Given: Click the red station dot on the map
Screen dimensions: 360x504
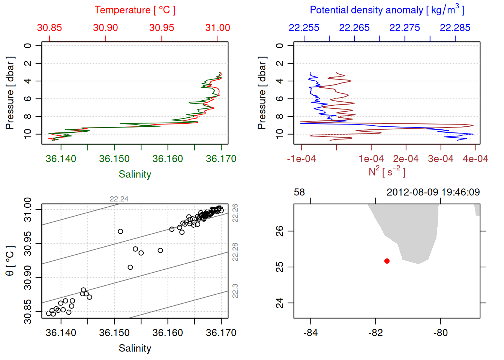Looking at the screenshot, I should point(387,261).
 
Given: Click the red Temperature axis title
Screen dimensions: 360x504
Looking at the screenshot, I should point(135,10).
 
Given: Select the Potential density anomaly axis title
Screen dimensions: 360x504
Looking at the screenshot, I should point(387,10).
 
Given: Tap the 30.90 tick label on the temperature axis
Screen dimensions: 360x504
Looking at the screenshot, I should point(105,28).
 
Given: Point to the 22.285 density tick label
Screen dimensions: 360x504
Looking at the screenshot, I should point(455,28).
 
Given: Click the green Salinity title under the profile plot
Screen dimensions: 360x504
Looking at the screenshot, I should point(135,174).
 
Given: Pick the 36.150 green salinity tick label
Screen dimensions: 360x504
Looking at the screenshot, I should point(114,159).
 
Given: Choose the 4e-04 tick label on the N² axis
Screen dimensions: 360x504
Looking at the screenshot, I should point(475,159).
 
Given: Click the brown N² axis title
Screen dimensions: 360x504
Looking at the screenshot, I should point(387,172).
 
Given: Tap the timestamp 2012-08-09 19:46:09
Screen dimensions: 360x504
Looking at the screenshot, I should point(433,192).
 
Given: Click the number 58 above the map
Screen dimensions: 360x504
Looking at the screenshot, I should point(299,192).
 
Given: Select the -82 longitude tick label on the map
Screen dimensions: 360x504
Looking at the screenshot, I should point(375,333).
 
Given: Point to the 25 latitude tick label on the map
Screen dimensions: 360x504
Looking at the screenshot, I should point(280,267).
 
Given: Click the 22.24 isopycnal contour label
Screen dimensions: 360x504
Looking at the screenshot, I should point(119,199).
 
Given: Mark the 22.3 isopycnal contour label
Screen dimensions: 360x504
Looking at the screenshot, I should point(235,291).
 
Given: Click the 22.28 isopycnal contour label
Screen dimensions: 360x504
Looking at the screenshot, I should point(235,252).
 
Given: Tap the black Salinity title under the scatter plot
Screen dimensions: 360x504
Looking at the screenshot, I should point(135,348).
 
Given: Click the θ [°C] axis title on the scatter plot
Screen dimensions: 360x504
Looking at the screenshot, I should point(10,261).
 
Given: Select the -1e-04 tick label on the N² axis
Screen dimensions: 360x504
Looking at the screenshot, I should point(301,159).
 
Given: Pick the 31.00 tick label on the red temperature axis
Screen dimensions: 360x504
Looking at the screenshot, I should point(217,28).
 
